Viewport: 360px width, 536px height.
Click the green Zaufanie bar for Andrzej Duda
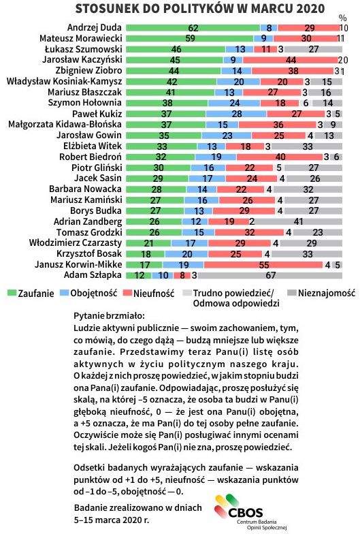pyautogui.click(x=193, y=28)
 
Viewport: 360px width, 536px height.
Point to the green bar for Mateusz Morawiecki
pyautogui.click(x=189, y=38)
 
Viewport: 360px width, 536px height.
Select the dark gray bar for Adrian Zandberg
pyautogui.click(x=299, y=221)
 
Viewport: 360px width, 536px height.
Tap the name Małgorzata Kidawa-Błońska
pyautogui.click(x=64, y=125)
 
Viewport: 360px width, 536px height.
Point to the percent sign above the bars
pyautogui.click(x=342, y=16)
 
